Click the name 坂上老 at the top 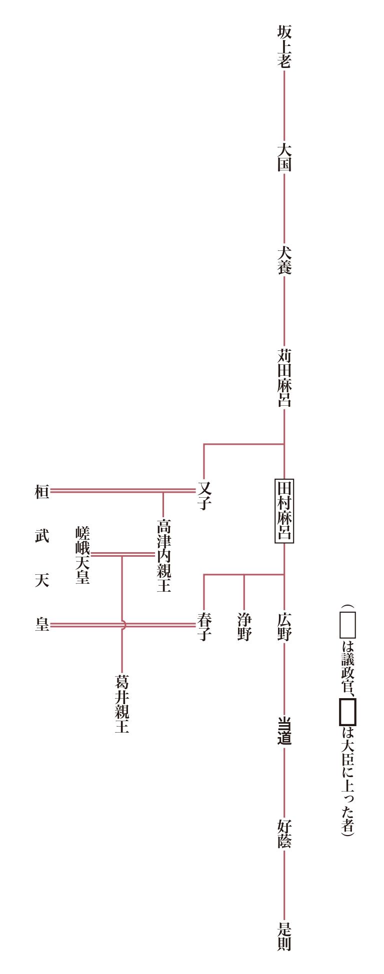pyautogui.click(x=284, y=46)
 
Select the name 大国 pyautogui.click(x=284, y=157)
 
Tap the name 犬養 pyautogui.click(x=284, y=260)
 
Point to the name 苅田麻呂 pyautogui.click(x=284, y=378)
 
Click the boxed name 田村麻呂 pyautogui.click(x=284, y=511)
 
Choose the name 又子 pyautogui.click(x=204, y=495)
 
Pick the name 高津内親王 pyautogui.click(x=163, y=555)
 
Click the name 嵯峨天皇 pyautogui.click(x=82, y=555)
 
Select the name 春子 pyautogui.click(x=204, y=627)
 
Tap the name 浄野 pyautogui.click(x=244, y=627)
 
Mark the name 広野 pyautogui.click(x=284, y=627)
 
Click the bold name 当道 pyautogui.click(x=284, y=731)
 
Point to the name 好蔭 pyautogui.click(x=284, y=834)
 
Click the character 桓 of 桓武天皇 pyautogui.click(x=42, y=492)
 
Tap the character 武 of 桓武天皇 pyautogui.click(x=42, y=536)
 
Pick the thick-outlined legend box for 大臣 pyautogui.click(x=347, y=712)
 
